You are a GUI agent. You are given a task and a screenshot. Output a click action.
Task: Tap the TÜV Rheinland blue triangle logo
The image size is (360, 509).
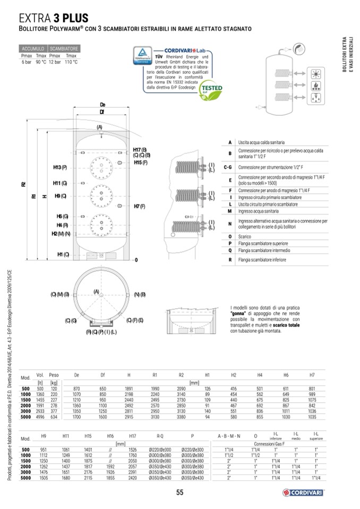click(143, 55)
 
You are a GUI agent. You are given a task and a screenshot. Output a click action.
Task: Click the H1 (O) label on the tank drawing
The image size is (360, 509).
click(63, 255)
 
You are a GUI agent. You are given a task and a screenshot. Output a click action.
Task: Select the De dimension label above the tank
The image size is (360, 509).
click(102, 105)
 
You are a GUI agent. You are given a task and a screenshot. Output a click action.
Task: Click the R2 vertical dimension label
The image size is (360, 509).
click(23, 185)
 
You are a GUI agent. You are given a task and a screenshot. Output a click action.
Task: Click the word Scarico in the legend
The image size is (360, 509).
click(245, 236)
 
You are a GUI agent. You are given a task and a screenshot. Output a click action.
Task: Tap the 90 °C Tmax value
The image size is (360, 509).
click(41, 62)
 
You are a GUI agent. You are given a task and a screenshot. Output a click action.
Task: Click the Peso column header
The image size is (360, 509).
click(54, 375)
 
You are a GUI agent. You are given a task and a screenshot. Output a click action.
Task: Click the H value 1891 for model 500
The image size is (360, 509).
click(128, 389)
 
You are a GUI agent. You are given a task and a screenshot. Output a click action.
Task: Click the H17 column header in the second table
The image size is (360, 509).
click(133, 436)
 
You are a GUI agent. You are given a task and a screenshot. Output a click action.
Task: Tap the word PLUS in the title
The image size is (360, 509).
click(74, 20)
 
